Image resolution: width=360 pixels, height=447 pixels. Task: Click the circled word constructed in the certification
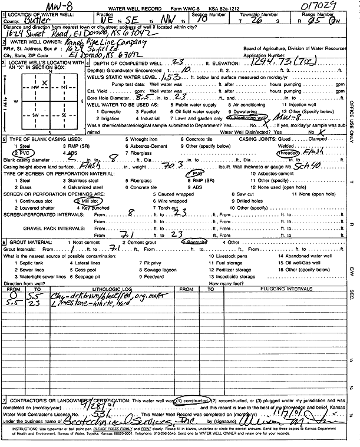point(188,400)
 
